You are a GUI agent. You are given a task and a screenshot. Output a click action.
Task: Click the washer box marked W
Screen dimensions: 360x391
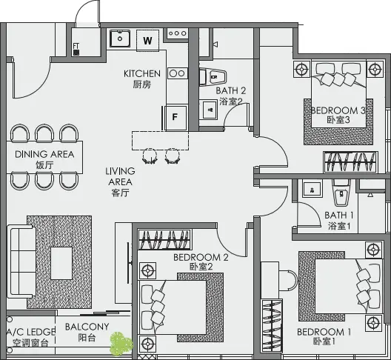tap(147, 41)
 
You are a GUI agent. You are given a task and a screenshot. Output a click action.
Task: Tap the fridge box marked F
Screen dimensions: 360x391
tap(175, 116)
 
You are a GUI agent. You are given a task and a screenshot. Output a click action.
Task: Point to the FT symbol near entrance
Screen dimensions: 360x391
tap(76, 50)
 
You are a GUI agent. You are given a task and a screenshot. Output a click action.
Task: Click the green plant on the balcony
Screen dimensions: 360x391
tap(118, 342)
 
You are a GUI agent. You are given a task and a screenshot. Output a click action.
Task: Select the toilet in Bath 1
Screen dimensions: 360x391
tap(341, 193)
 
